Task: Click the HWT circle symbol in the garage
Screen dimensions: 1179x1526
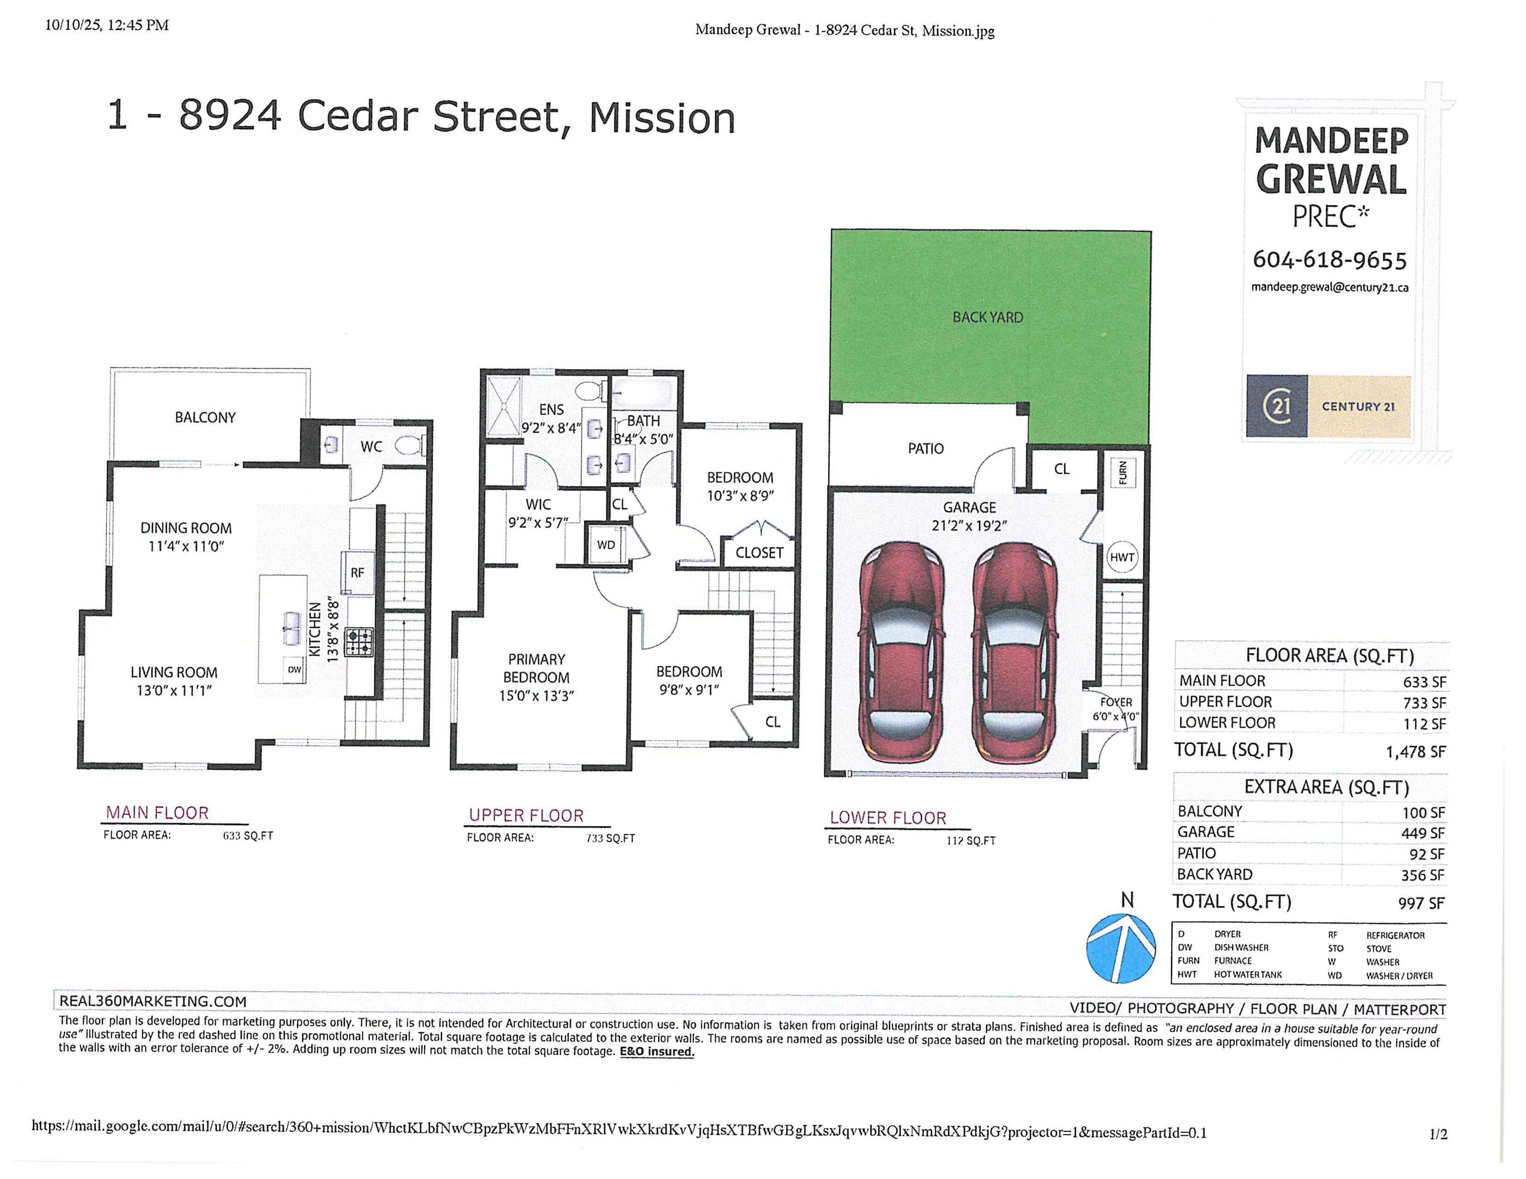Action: (1122, 557)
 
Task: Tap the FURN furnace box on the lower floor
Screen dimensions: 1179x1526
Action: (1122, 473)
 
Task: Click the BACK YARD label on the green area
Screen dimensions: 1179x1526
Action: (987, 318)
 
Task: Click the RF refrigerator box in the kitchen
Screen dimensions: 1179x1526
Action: (357, 573)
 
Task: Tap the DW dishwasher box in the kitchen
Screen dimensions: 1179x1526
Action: (295, 670)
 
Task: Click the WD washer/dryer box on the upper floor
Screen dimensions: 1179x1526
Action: (606, 545)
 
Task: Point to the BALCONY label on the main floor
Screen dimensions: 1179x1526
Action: (205, 418)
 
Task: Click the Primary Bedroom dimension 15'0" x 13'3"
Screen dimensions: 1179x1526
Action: (536, 695)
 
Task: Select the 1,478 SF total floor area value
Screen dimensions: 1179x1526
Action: (1415, 752)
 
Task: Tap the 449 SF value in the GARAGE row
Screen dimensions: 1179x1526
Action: (1423, 833)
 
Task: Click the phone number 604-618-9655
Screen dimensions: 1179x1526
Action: (1329, 260)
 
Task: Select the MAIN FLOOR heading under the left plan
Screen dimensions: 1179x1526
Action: (157, 813)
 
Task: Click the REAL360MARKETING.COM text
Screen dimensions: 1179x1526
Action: (153, 1001)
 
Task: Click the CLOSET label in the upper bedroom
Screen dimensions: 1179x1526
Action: (759, 553)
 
